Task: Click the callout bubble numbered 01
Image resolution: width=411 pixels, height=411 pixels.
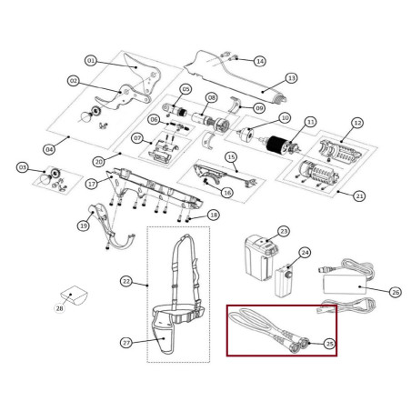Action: point(91,61)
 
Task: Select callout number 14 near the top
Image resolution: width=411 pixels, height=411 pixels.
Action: point(259,61)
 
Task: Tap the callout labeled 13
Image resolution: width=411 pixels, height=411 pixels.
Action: point(292,78)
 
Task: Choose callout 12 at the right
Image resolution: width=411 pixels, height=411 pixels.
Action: point(357,122)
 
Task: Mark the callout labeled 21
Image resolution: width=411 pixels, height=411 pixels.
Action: point(360,195)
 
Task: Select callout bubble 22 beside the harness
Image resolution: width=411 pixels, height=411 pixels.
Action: point(126,283)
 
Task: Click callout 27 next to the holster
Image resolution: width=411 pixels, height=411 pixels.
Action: point(126,342)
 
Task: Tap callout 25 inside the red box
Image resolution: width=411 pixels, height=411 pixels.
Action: point(329,343)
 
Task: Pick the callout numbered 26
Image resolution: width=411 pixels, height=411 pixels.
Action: point(395,292)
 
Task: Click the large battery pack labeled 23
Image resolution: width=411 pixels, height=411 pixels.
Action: point(260,259)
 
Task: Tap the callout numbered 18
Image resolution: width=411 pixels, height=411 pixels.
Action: point(214,216)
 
